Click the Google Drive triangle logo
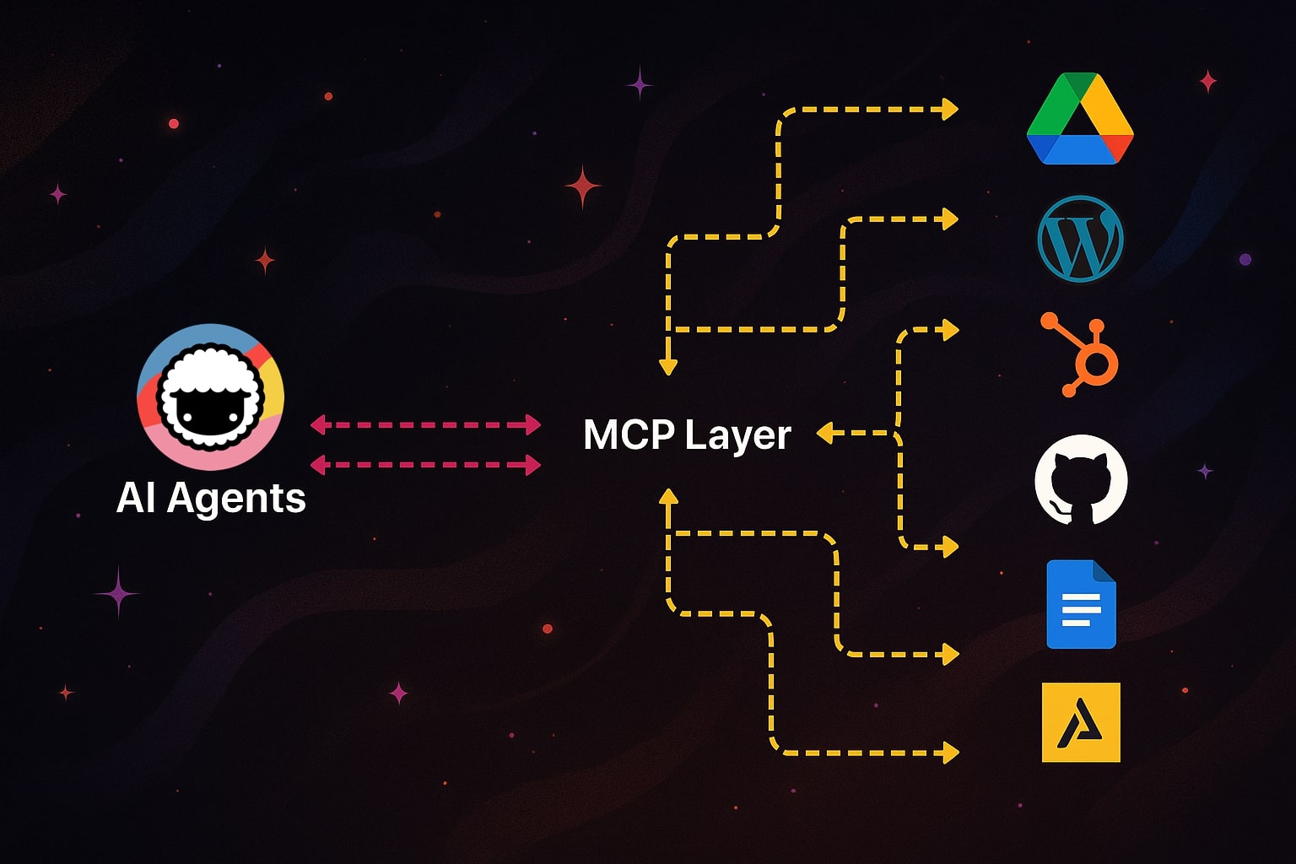click(1080, 120)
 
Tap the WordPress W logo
click(1080, 239)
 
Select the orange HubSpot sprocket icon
click(1084, 354)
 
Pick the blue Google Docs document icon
click(1081, 604)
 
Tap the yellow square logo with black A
click(1081, 722)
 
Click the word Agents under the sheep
click(236, 498)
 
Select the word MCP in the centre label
click(629, 435)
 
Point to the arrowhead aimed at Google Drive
click(950, 109)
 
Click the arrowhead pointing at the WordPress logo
click(950, 219)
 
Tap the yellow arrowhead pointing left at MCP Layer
click(824, 433)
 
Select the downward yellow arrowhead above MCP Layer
click(668, 366)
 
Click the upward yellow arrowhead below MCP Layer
click(668, 497)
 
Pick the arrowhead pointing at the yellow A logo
click(950, 752)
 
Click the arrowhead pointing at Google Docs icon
click(950, 654)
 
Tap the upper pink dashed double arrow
click(425, 424)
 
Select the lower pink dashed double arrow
click(425, 464)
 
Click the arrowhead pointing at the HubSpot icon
click(950, 330)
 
